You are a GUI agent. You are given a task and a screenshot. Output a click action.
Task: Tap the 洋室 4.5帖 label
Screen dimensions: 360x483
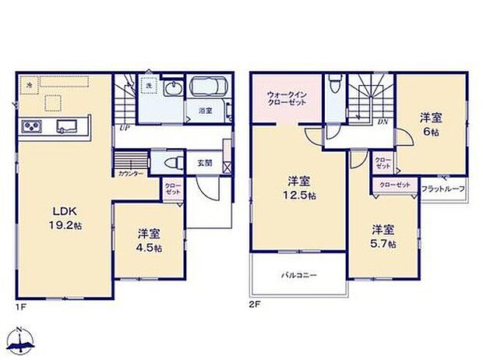click(150, 240)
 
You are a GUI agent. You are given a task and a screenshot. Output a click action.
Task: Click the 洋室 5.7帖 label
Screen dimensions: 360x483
click(383, 236)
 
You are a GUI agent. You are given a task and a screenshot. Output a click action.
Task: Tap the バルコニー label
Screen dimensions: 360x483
click(298, 275)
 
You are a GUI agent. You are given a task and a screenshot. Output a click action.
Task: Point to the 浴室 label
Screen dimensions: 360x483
click(205, 111)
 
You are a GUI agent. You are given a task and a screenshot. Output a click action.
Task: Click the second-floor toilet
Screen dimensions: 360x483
click(334, 84)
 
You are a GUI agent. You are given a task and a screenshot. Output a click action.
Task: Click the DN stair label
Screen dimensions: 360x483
click(383, 122)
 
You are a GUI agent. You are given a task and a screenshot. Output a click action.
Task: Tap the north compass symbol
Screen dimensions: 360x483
click(21, 340)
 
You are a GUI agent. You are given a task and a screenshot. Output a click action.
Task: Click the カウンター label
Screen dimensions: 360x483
click(130, 174)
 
